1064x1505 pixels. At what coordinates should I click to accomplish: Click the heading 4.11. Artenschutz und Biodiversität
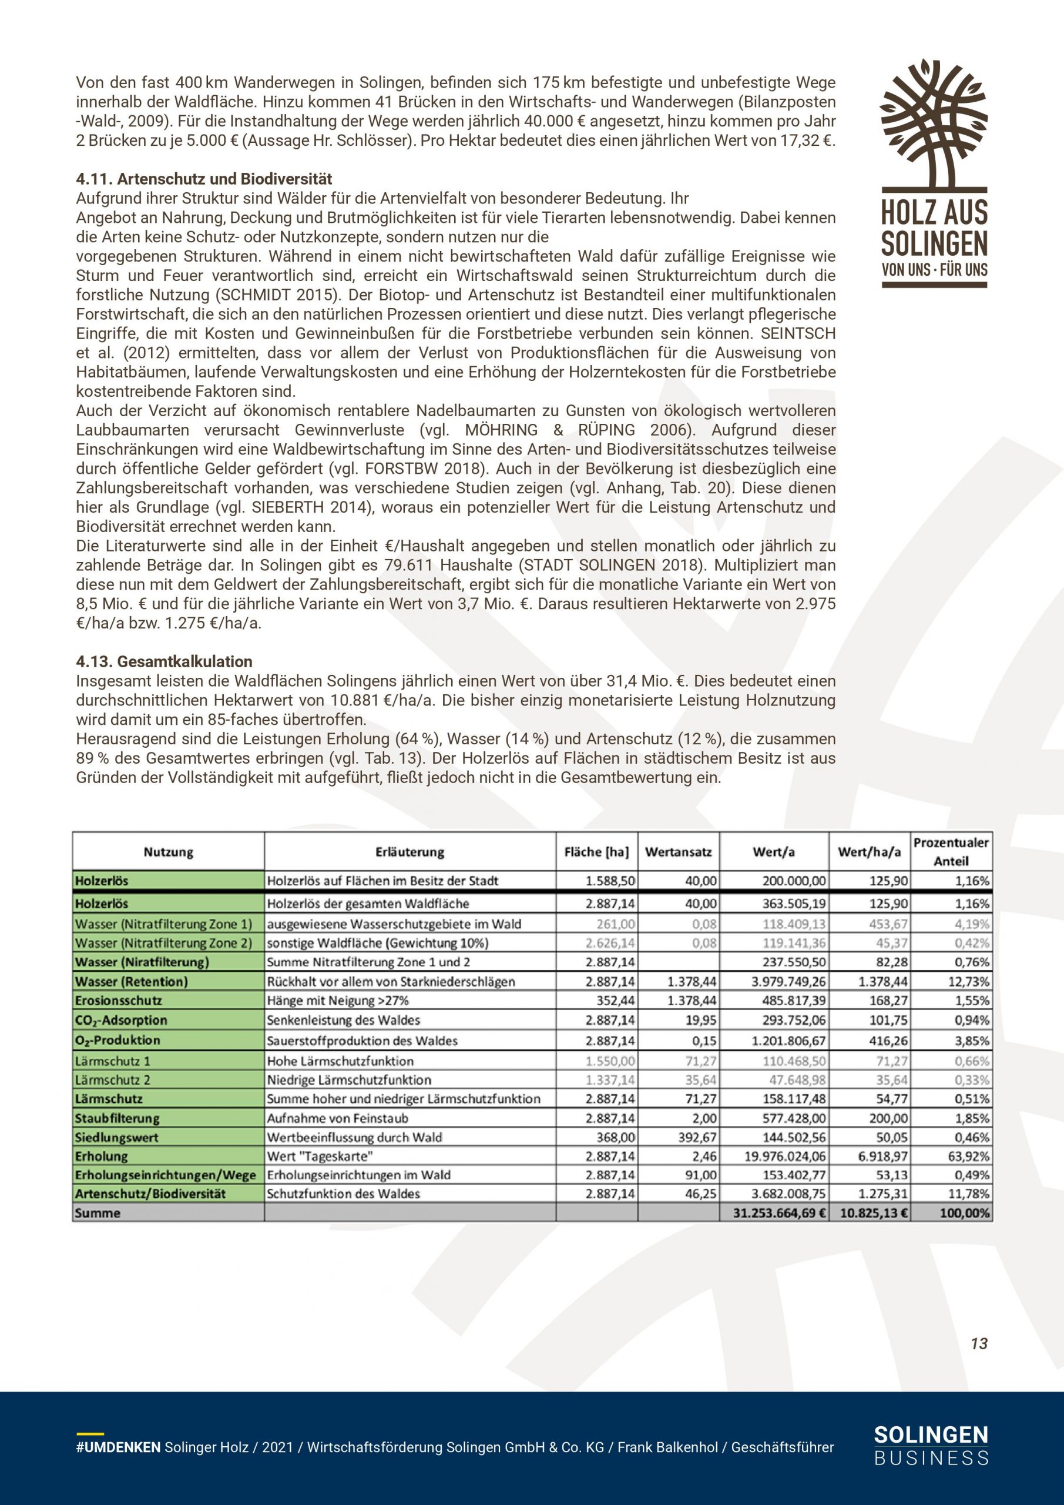204,179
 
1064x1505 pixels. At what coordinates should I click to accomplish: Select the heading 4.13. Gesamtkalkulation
164,661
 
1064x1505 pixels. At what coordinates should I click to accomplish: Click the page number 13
979,1344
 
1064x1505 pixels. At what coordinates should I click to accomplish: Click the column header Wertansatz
678,852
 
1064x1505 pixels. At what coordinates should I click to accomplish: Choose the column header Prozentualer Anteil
951,851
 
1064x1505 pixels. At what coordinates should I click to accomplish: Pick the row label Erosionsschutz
119,1000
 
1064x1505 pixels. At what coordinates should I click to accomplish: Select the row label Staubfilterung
118,1118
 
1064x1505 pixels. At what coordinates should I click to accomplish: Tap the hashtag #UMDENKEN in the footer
118,1447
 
